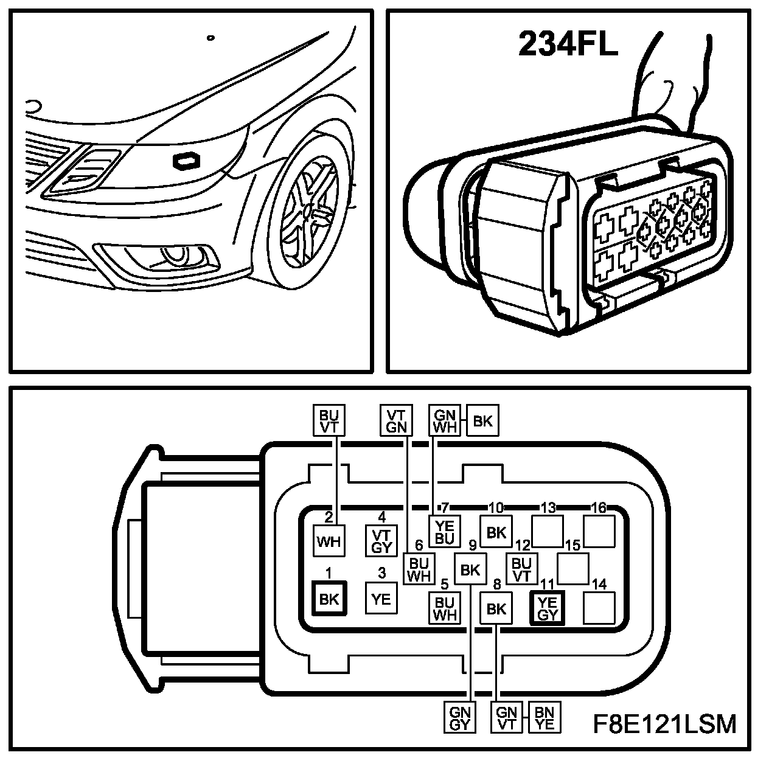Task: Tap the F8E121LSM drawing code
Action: (x=664, y=724)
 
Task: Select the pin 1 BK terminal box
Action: (x=329, y=599)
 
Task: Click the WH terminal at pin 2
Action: (x=329, y=540)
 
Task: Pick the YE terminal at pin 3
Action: (x=381, y=599)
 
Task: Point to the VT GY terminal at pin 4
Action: (x=381, y=540)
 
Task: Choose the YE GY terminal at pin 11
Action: (x=548, y=607)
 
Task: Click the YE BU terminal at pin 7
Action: (x=445, y=532)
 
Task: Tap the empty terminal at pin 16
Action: (x=599, y=530)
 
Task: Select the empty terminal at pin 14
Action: (x=599, y=607)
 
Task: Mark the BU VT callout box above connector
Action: (x=329, y=420)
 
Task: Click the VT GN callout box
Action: (x=396, y=420)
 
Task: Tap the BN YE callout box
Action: (x=545, y=718)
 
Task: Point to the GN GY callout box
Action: (x=461, y=718)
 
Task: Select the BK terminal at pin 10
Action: (x=496, y=532)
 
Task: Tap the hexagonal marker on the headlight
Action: (x=187, y=161)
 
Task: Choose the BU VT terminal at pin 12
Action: (x=522, y=569)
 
